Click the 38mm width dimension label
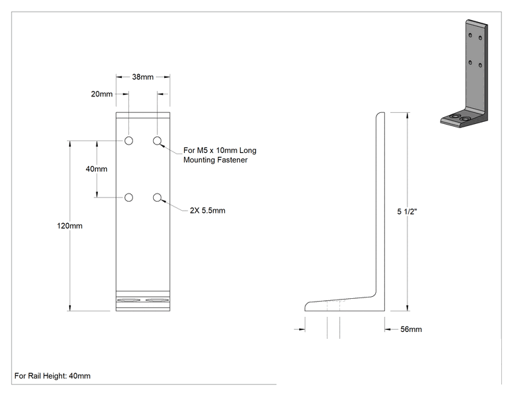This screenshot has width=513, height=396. click(x=143, y=76)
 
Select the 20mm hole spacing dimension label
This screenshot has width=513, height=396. click(x=102, y=94)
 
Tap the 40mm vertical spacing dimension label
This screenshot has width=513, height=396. click(x=97, y=169)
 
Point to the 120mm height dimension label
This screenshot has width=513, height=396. click(x=70, y=226)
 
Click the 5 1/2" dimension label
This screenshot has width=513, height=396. click(x=407, y=211)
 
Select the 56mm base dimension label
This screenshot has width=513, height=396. click(x=411, y=329)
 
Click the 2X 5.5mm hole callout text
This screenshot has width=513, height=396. click(x=208, y=211)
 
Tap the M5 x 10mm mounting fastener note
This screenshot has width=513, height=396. click(x=220, y=155)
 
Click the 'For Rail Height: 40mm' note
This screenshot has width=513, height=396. click(x=52, y=376)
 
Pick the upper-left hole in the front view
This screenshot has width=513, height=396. click(x=129, y=140)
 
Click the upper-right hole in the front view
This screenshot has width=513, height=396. click(x=157, y=140)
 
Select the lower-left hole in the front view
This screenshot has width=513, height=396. click(x=129, y=198)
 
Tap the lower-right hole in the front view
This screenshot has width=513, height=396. click(x=157, y=198)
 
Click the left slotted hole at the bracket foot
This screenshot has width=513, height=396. click(x=129, y=300)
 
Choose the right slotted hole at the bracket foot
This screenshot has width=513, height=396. click(x=157, y=300)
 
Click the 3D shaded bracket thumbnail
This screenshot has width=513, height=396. click(x=464, y=74)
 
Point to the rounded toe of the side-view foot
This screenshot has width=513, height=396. click(x=305, y=306)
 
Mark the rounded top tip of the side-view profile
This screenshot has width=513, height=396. click(x=381, y=113)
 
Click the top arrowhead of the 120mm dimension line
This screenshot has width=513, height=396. click(x=70, y=143)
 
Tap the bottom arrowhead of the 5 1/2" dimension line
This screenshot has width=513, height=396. click(x=408, y=308)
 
